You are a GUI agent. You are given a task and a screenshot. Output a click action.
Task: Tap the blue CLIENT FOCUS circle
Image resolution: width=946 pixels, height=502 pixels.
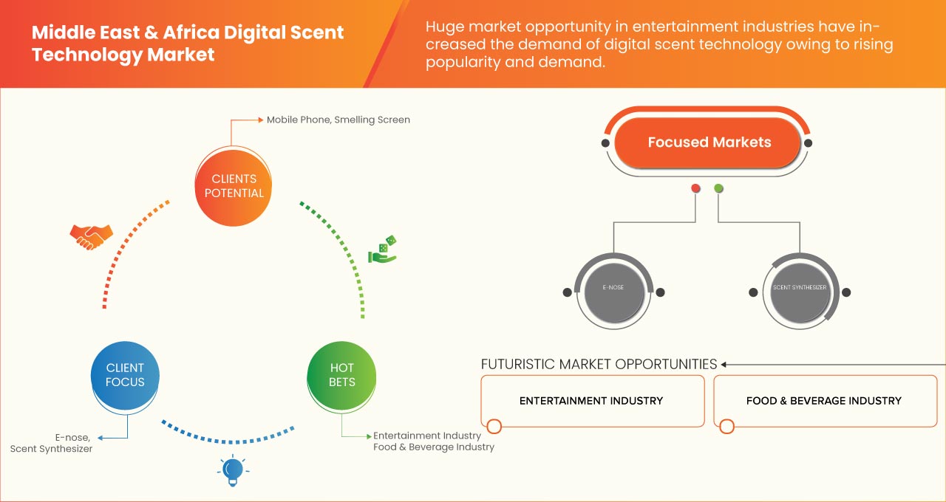click(x=125, y=375)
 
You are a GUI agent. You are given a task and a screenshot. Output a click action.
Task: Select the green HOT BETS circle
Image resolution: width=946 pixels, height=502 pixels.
click(x=341, y=375)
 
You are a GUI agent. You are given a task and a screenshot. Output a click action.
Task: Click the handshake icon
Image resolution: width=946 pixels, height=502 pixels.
click(x=91, y=236)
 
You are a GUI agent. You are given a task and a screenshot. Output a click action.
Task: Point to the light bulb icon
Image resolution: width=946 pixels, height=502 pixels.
click(x=233, y=470)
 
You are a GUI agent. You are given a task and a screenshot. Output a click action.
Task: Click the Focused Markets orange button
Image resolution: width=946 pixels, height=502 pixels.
click(x=709, y=142)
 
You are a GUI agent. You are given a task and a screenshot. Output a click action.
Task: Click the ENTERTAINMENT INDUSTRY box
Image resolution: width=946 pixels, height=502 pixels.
click(x=591, y=401)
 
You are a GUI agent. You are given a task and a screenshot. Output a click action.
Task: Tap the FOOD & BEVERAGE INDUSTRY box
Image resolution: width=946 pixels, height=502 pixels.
click(x=823, y=401)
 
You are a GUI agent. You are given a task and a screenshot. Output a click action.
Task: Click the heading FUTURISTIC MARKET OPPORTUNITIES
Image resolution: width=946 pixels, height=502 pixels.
click(x=599, y=364)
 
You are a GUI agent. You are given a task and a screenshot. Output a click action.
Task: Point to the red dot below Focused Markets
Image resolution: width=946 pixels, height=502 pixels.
click(x=695, y=189)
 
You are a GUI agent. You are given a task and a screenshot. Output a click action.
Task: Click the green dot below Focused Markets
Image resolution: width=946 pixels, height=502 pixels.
click(x=718, y=189)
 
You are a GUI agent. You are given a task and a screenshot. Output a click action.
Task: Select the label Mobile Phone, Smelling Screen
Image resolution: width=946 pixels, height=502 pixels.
click(x=338, y=120)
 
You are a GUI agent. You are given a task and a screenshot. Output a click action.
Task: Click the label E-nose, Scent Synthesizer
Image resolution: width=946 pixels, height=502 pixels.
click(x=52, y=442)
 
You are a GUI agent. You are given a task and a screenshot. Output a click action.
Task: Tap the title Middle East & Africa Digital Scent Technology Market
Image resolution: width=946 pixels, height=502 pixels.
click(x=188, y=44)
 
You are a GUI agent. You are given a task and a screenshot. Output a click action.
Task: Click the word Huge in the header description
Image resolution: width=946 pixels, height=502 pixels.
click(x=445, y=27)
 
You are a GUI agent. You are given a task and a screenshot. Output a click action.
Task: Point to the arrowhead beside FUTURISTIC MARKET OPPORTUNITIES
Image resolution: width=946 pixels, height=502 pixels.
click(x=724, y=364)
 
